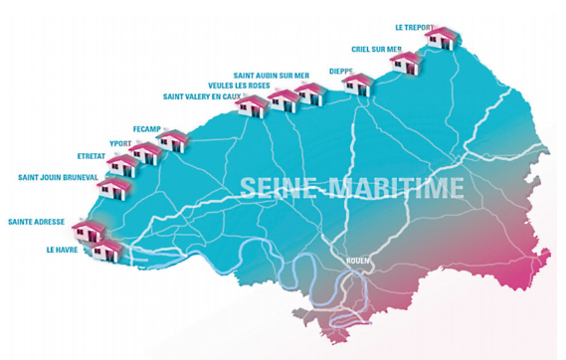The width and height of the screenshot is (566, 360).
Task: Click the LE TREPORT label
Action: [x=413, y=27]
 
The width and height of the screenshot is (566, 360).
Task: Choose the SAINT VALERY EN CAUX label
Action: [x=202, y=96]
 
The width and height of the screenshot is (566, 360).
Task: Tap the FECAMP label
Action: [x=147, y=129]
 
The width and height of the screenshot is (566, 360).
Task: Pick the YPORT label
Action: [x=120, y=142]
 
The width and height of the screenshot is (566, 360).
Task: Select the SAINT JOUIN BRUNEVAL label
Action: [x=58, y=177]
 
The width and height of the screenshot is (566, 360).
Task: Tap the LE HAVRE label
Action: [x=62, y=251]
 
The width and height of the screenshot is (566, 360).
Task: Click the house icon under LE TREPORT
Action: [x=442, y=41]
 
